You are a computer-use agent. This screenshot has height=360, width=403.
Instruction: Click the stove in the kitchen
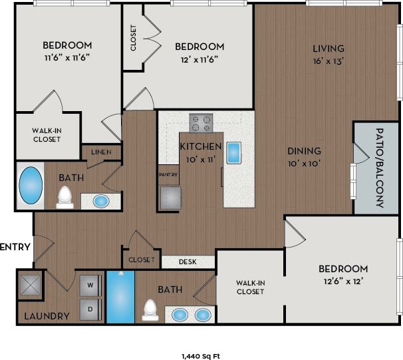[x=201, y=123]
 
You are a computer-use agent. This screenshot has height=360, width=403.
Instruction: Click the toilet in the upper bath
[x=65, y=197]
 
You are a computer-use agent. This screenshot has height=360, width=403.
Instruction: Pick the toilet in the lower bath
[x=151, y=311]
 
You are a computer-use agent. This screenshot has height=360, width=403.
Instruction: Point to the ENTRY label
[x=15, y=247]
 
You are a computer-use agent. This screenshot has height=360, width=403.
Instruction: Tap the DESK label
[x=188, y=262]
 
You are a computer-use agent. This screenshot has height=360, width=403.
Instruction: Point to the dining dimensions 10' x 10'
[x=304, y=163]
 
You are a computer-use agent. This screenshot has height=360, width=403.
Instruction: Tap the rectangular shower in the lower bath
[x=120, y=297]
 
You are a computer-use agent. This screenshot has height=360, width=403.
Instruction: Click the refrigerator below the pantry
[x=170, y=197]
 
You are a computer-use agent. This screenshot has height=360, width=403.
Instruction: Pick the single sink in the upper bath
[x=100, y=200]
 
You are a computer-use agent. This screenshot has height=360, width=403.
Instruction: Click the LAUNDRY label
[x=47, y=316]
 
